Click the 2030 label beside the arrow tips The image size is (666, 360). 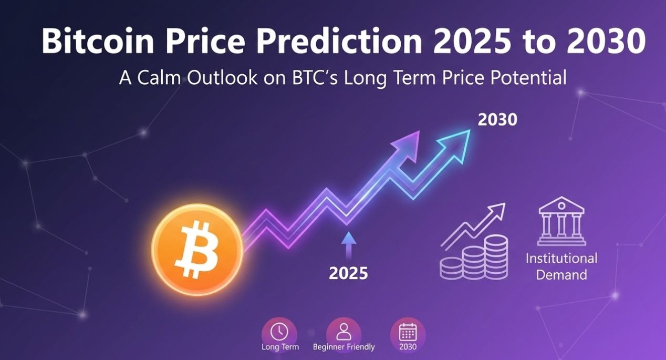click(497, 120)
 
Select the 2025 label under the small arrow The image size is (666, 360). click(348, 273)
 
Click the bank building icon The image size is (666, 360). click(561, 221)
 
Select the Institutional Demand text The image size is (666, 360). click(561, 266)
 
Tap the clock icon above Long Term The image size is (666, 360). click(279, 332)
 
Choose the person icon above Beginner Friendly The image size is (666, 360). click(344, 331)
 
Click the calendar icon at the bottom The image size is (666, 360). click(408, 332)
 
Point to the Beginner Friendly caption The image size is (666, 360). click(344, 347)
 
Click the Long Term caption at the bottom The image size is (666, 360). click(280, 347)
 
